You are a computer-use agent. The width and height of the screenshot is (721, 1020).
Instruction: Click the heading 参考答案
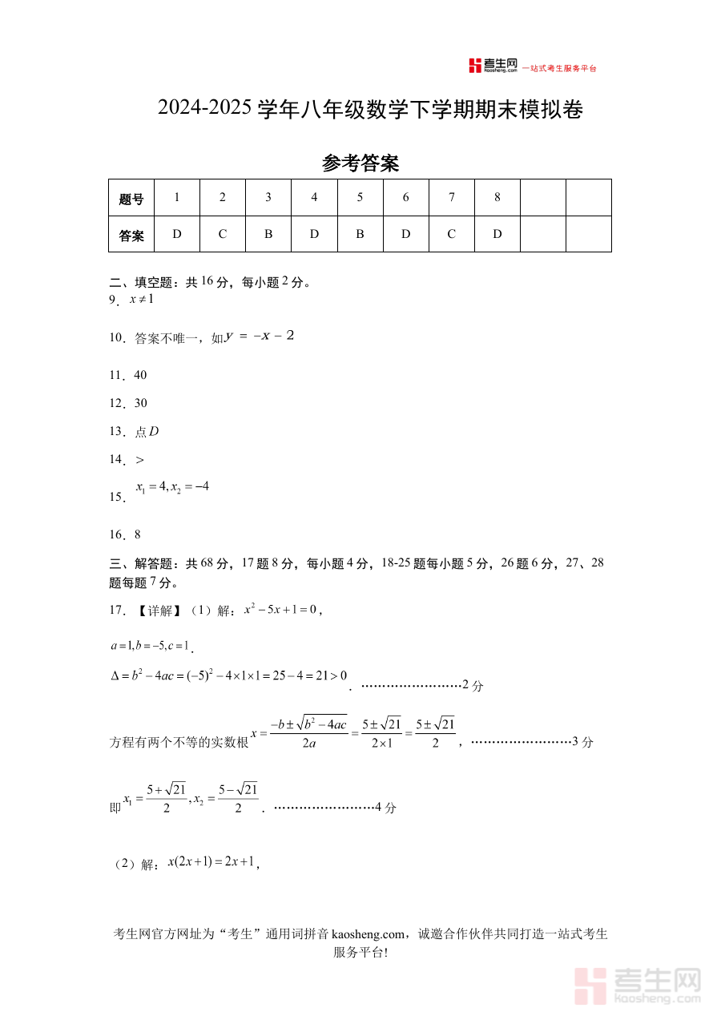[x=360, y=163]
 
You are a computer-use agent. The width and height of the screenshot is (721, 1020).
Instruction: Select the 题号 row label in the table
[x=131, y=199]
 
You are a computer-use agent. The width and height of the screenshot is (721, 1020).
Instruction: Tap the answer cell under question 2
[x=223, y=234]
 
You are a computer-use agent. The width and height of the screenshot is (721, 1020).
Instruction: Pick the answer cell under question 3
[x=268, y=234]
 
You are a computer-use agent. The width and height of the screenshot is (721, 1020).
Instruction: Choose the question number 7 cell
[x=452, y=197]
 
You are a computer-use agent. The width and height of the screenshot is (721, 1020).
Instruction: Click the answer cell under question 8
[x=497, y=234]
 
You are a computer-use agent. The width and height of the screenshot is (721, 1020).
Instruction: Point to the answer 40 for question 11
[x=140, y=375]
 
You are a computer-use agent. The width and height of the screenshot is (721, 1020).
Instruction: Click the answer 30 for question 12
[x=140, y=403]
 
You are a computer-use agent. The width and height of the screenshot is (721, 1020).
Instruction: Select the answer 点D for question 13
[x=147, y=431]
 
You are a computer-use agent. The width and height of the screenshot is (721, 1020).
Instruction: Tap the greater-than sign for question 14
[x=140, y=459]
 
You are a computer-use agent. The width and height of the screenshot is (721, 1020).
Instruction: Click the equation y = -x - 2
[x=260, y=336]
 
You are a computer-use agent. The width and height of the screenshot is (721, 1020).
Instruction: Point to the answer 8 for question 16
[x=138, y=534]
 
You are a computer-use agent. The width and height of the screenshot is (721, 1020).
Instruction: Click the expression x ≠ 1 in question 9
[x=141, y=299]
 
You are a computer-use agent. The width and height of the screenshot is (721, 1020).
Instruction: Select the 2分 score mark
[x=473, y=686]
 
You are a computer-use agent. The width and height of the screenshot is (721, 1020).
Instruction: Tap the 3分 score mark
[x=582, y=742]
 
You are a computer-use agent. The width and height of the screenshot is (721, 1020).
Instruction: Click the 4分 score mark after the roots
[x=385, y=808]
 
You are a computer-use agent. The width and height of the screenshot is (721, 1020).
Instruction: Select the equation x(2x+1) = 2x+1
[x=211, y=862]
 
